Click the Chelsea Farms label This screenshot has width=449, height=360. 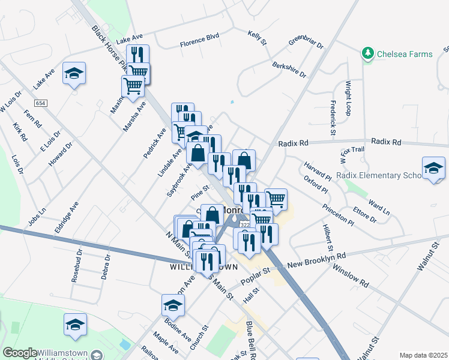(405, 55)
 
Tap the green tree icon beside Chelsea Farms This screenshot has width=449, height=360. (367, 55)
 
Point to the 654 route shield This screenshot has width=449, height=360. (40, 103)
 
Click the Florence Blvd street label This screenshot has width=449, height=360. (200, 44)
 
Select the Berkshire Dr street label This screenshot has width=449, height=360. (289, 70)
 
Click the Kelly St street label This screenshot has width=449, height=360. (257, 38)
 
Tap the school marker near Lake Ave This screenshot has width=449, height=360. (74, 73)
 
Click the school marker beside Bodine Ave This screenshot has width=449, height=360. (173, 305)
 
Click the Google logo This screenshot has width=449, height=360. (19, 353)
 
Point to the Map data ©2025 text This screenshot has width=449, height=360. (423, 355)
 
